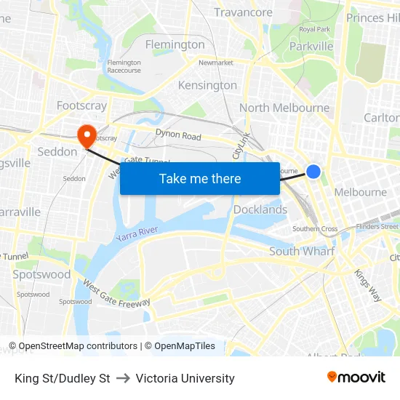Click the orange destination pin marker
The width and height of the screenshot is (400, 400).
pyautogui.click(x=87, y=133)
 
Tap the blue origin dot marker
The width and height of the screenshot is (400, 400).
pyautogui.click(x=313, y=171)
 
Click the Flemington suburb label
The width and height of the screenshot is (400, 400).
pyautogui.click(x=175, y=44)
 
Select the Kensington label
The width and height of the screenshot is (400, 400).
pyautogui.click(x=207, y=85)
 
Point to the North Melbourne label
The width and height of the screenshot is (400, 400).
pyautogui.click(x=284, y=108)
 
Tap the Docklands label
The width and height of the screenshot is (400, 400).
pyautogui.click(x=260, y=209)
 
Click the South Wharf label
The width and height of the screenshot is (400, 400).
pyautogui.click(x=302, y=251)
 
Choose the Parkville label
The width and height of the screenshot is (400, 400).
pyautogui.click(x=311, y=47)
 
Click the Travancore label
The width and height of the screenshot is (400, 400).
pyautogui.click(x=243, y=12)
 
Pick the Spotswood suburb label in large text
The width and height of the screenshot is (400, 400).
pyautogui.click(x=41, y=274)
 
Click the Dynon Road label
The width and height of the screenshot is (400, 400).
pyautogui.click(x=178, y=135)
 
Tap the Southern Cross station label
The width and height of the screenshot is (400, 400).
pyautogui.click(x=315, y=228)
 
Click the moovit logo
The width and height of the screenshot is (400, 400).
pyautogui.click(x=356, y=377)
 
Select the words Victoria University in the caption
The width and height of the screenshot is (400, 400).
pyautogui.click(x=185, y=378)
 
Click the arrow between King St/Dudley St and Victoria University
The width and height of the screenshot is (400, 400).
pyautogui.click(x=123, y=378)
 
